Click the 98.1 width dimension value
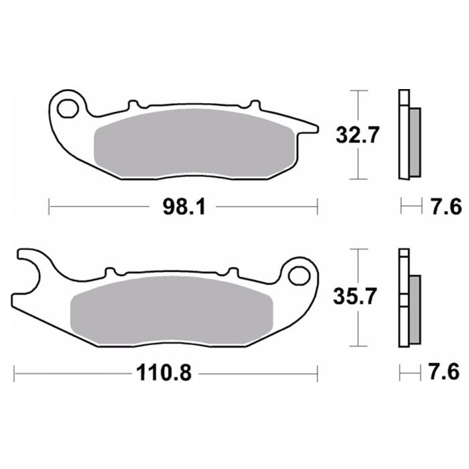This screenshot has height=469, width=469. coord(182,207)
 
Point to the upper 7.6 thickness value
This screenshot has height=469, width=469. coord(446,207)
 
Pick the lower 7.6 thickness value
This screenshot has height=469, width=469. coord(446,373)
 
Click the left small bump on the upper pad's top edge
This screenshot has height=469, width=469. coord(133,104)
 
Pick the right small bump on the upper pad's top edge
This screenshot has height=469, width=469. coord(253,104)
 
